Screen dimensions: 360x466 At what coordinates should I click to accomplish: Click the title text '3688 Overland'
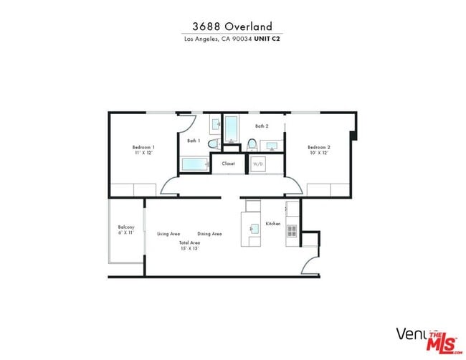(232, 26)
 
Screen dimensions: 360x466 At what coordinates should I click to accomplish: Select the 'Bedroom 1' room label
(143, 147)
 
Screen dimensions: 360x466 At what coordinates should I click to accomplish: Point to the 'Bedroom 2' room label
(319, 147)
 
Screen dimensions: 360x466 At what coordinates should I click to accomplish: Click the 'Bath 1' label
(194, 141)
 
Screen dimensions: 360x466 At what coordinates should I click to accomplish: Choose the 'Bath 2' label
(262, 126)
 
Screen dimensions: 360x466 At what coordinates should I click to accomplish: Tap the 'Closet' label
(228, 164)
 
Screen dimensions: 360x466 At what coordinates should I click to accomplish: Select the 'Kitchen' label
(273, 224)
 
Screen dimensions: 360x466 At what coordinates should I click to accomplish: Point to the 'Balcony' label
(126, 227)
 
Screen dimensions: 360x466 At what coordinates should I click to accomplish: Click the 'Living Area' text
(168, 234)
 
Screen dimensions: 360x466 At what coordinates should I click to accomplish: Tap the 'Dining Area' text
(209, 234)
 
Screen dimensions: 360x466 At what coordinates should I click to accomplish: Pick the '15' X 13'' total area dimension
(189, 248)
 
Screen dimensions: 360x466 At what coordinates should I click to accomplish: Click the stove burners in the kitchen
(292, 231)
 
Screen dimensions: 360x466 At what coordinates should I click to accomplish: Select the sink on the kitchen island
(253, 229)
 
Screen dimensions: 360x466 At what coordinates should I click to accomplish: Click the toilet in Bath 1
(213, 144)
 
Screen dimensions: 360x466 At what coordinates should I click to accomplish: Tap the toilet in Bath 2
(252, 145)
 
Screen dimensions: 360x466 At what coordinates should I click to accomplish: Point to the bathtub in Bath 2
(231, 129)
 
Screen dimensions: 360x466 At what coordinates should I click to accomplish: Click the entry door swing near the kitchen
(310, 265)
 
